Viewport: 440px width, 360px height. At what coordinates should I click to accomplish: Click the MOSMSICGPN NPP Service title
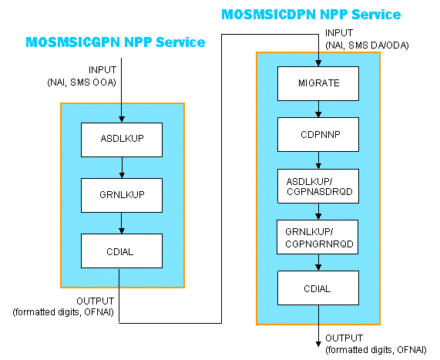[116, 42]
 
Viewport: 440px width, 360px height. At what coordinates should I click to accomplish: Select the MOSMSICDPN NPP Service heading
[311, 14]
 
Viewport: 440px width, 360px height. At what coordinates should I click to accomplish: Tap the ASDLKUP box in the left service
[120, 140]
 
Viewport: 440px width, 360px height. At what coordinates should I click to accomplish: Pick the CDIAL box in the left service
[120, 250]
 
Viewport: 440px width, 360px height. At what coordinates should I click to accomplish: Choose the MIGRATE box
[318, 82]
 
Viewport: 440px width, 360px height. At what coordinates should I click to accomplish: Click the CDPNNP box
[318, 133]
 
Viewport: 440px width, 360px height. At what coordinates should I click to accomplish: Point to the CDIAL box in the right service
[318, 289]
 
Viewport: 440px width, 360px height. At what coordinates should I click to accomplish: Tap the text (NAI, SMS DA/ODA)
[366, 45]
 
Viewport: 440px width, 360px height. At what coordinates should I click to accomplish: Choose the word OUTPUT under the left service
[95, 301]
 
